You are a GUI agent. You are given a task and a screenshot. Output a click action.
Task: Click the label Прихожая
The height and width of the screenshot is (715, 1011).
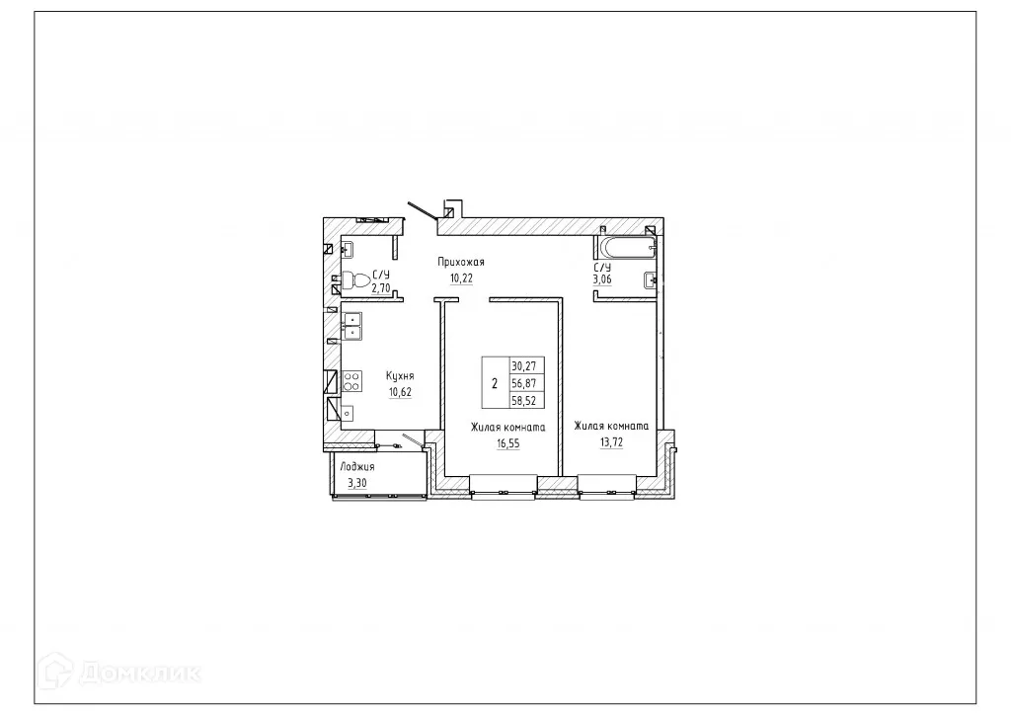[x=462, y=262]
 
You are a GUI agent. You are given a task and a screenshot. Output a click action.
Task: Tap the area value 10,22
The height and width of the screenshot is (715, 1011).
[x=462, y=278]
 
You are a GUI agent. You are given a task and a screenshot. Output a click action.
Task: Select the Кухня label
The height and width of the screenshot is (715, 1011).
[x=400, y=376]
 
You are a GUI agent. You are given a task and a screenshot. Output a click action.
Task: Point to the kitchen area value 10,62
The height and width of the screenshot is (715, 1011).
[x=400, y=392]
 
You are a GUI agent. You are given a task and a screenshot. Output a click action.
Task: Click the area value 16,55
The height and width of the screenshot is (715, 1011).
[x=507, y=444]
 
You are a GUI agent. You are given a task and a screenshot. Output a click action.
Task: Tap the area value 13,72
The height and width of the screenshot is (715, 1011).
[x=611, y=443]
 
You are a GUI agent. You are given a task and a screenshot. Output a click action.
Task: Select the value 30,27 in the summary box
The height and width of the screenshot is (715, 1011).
[x=523, y=364]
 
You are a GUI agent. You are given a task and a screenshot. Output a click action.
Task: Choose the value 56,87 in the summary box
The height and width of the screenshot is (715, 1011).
[x=523, y=382]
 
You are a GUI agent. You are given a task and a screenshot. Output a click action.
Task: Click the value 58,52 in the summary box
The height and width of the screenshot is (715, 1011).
[x=523, y=400]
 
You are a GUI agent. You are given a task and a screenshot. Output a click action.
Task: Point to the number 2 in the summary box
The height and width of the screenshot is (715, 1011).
[x=494, y=382]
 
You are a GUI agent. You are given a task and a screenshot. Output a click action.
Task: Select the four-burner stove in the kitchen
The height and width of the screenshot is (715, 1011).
[x=350, y=381]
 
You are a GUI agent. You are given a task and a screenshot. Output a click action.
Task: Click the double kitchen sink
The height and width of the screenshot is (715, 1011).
[x=351, y=326]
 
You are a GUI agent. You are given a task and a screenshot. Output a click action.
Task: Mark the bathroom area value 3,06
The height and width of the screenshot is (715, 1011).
[x=602, y=279]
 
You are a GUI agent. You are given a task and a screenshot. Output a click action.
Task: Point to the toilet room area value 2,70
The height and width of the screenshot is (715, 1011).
[x=380, y=288]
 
